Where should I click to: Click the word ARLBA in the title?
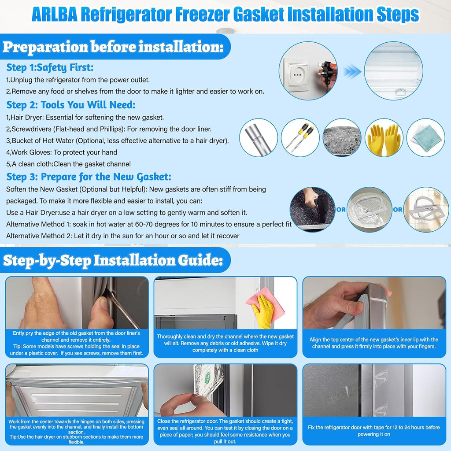54,15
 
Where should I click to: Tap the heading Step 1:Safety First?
50,67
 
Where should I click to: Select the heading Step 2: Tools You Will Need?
71,105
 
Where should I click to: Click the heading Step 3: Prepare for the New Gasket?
89,177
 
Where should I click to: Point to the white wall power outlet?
296,73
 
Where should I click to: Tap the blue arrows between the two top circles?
352,72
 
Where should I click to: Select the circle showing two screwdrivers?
300,137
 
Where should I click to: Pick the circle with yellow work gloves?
384,137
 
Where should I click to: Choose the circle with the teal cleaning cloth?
426,137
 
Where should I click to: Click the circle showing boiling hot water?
342,137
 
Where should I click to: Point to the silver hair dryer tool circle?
258,137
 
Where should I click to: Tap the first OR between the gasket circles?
341,209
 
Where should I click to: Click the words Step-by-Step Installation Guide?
113,260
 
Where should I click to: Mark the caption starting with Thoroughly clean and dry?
225,343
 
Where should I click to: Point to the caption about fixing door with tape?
373,431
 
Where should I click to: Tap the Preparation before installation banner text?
113,47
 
